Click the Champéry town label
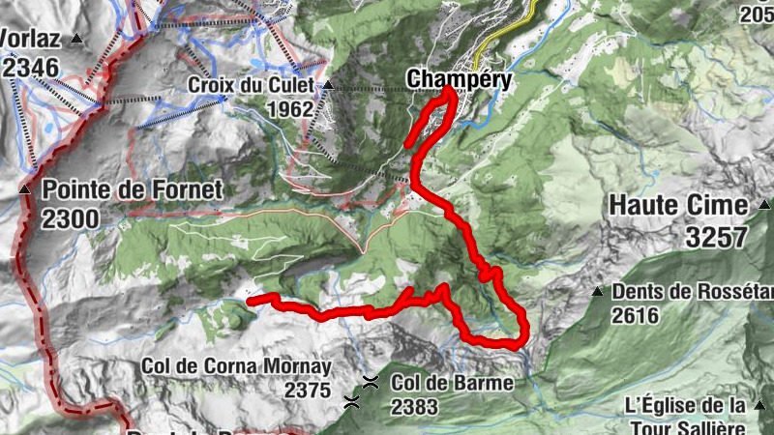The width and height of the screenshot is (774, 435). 459,78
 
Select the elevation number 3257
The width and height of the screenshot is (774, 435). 716,236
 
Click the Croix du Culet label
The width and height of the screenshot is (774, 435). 251,85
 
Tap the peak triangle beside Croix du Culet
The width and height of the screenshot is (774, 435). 328,85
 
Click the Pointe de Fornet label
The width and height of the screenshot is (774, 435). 133,189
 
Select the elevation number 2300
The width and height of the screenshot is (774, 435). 70,218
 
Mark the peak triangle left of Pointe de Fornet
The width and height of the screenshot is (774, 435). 25,189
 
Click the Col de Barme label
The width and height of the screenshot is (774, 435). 452,383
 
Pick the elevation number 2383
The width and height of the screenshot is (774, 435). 414,406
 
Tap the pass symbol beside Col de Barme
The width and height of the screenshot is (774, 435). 371,382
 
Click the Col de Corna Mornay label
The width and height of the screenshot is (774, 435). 236,367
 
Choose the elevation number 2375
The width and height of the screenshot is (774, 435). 308,390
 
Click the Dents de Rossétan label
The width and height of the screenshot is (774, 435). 693,291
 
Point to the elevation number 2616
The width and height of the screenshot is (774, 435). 636,314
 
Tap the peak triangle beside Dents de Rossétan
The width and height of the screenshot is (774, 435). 597,291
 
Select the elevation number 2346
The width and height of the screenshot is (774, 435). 30,67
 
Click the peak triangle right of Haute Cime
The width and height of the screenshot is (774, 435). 763,205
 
